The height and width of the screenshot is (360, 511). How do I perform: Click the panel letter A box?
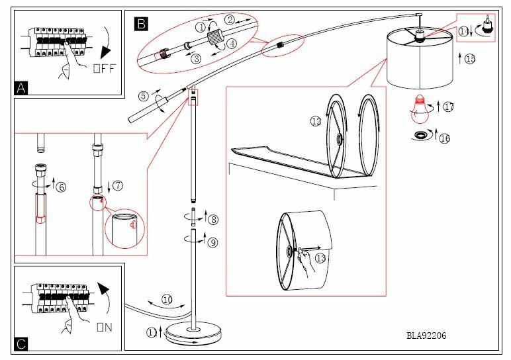point(22,87)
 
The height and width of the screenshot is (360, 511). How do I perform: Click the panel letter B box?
point(141,24)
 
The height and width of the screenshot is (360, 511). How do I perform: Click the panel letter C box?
point(22,343)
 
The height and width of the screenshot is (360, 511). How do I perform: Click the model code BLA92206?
point(426,336)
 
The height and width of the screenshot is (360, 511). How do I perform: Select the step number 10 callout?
point(167,300)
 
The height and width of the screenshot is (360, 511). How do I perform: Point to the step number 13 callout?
point(320,258)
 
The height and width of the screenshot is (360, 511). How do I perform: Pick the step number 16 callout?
point(445,138)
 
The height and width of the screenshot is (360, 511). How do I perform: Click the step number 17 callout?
point(448,106)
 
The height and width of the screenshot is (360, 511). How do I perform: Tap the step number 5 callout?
point(143,95)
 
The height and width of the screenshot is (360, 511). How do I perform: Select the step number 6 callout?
point(62,187)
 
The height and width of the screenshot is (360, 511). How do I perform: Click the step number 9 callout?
point(212,243)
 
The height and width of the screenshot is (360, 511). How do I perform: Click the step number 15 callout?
point(470,60)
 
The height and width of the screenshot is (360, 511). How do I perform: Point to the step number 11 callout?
point(153,333)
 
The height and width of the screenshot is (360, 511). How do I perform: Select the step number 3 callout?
point(196,59)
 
